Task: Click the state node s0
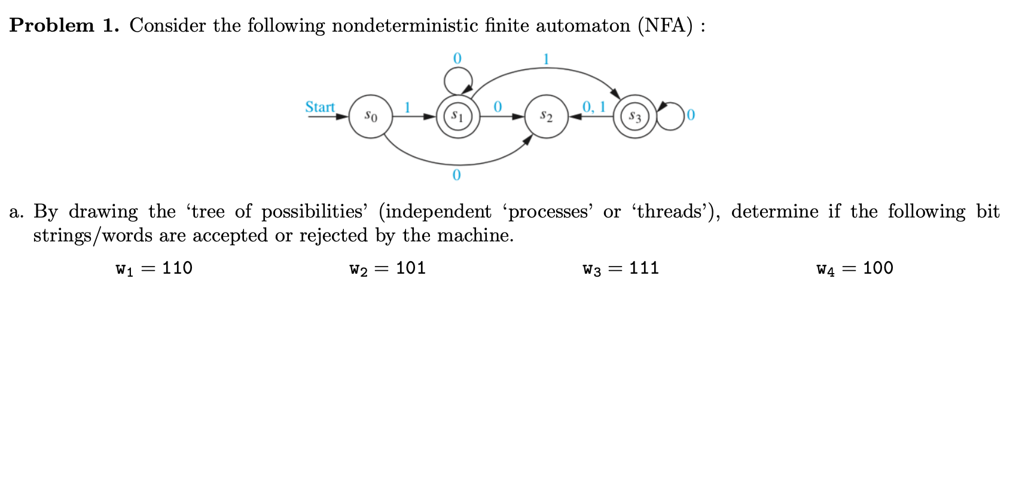pyautogui.click(x=371, y=117)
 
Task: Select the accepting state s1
pyautogui.click(x=457, y=116)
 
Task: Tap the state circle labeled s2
pyautogui.click(x=546, y=117)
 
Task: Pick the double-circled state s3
pyautogui.click(x=634, y=117)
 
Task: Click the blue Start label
pyautogui.click(x=320, y=107)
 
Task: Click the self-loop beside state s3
pyautogui.click(x=672, y=116)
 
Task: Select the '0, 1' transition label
pyautogui.click(x=594, y=106)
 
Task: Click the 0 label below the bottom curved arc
pyautogui.click(x=457, y=175)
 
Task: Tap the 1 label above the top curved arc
pyautogui.click(x=546, y=59)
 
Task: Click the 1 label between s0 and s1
pyautogui.click(x=407, y=107)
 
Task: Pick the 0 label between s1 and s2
pyautogui.click(x=497, y=107)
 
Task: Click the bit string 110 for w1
pyautogui.click(x=177, y=268)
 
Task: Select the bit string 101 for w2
pyautogui.click(x=411, y=268)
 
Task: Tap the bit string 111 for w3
pyautogui.click(x=644, y=268)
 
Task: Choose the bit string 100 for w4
pyautogui.click(x=878, y=268)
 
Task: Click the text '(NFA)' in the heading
pyautogui.click(x=666, y=26)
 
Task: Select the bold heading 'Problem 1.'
pyautogui.click(x=65, y=26)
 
